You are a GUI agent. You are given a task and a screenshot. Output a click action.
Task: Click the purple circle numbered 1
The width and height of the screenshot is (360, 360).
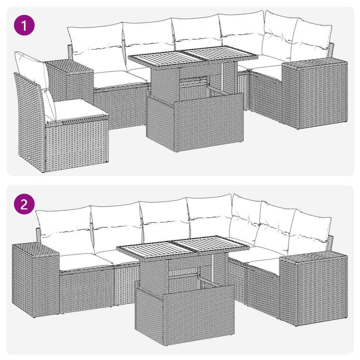[x=24, y=26]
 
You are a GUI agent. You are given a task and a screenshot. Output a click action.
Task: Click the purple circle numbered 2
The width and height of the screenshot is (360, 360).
[x=24, y=205]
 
